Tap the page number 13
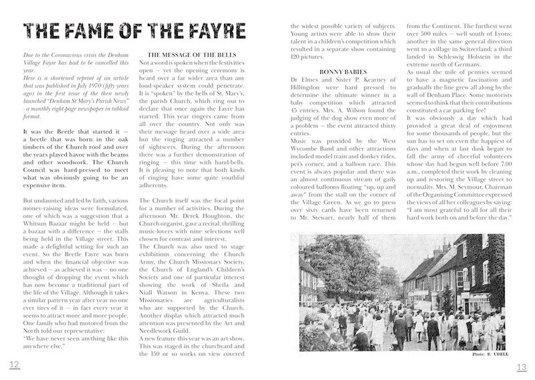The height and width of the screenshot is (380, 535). click(522, 367)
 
